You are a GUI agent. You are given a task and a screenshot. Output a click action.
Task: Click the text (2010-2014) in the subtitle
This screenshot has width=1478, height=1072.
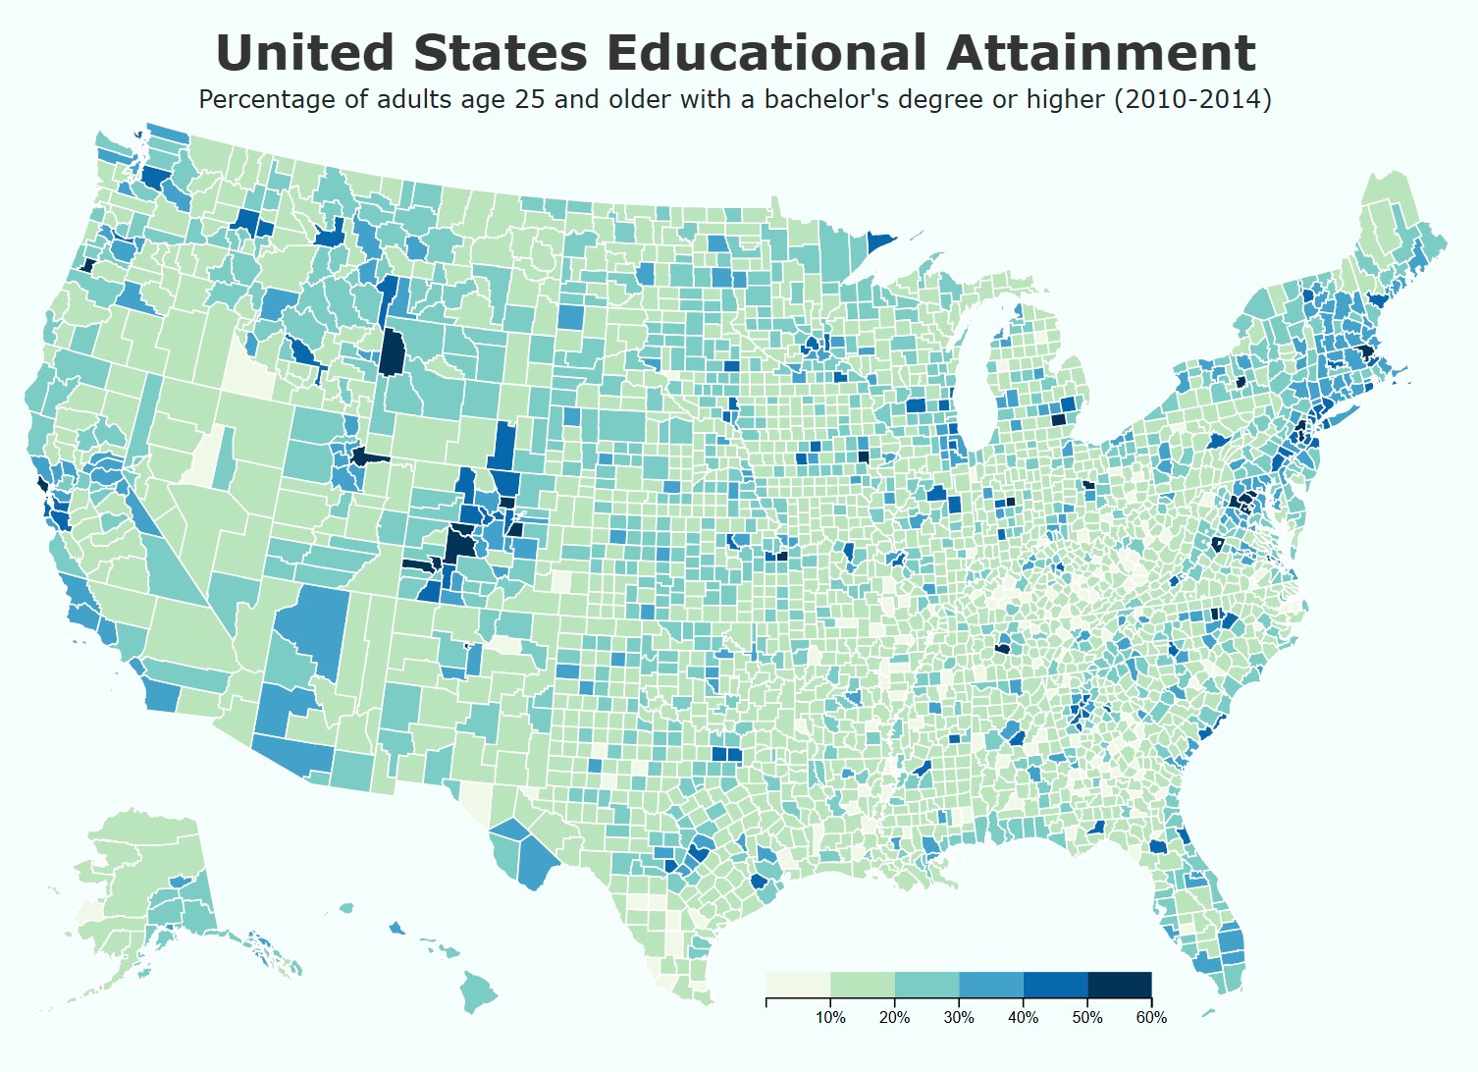point(1192,99)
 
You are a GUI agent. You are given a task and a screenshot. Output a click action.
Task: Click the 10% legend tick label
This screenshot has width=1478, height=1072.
point(830,1018)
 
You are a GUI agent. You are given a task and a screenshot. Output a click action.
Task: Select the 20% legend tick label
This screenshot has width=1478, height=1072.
point(894,1018)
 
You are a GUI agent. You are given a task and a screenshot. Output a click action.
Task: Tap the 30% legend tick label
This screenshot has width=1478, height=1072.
point(959,1018)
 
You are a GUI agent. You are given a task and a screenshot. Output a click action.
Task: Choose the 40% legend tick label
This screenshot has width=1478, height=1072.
point(1023,1018)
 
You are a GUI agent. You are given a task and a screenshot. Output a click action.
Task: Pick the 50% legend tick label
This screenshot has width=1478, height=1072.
point(1087,1018)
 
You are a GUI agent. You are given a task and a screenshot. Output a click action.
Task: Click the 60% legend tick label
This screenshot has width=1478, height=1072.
point(1151,1018)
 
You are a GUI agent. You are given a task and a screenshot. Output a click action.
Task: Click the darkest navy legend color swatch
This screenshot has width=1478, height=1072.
point(1119,985)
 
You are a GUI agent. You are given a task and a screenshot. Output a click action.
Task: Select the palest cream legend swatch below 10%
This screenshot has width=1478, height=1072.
point(798,985)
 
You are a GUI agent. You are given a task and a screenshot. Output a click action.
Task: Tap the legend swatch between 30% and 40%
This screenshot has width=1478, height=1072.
point(991,985)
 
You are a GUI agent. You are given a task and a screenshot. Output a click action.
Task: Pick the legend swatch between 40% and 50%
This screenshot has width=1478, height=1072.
point(1055,985)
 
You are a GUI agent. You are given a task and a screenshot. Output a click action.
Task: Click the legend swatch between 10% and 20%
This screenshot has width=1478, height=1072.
point(863,985)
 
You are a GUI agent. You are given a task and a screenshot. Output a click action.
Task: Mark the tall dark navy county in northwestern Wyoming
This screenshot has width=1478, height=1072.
point(393,352)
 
